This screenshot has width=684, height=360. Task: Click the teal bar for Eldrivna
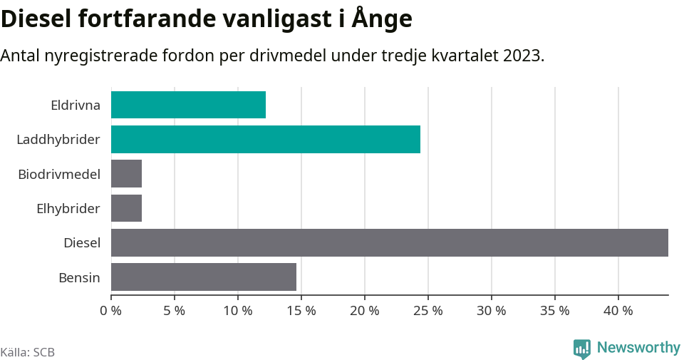[188, 105]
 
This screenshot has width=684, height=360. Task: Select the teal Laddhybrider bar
[265, 139]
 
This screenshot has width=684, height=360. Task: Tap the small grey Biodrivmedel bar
[126, 173]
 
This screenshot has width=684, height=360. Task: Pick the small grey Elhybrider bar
[126, 208]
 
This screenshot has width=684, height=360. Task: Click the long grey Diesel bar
[389, 242]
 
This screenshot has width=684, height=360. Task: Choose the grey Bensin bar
[203, 277]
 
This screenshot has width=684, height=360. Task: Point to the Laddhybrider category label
[58, 140]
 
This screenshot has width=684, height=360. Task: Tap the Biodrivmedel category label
[59, 174]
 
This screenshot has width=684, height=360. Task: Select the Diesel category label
[82, 243]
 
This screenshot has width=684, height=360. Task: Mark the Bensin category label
[79, 277]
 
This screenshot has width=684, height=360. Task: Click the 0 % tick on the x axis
[111, 311]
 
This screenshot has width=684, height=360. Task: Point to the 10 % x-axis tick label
[238, 311]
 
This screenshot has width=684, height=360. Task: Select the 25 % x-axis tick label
[428, 311]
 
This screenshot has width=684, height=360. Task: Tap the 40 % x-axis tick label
[618, 311]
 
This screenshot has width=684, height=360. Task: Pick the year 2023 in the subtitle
[522, 56]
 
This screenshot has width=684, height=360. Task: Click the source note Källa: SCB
[28, 352]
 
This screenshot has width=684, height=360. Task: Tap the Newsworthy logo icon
[582, 348]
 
